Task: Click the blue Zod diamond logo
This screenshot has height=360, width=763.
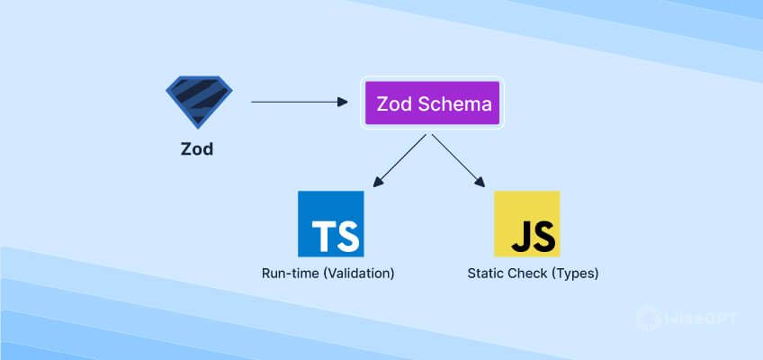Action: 198,101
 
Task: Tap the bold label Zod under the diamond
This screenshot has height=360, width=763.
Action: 197,149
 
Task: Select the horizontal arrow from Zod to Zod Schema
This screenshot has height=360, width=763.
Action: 297,102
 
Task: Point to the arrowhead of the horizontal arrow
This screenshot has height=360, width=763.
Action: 342,102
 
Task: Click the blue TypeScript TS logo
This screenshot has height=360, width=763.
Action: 330,224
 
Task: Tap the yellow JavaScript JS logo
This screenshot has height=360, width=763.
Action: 526,224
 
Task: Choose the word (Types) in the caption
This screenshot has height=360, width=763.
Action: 573,272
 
